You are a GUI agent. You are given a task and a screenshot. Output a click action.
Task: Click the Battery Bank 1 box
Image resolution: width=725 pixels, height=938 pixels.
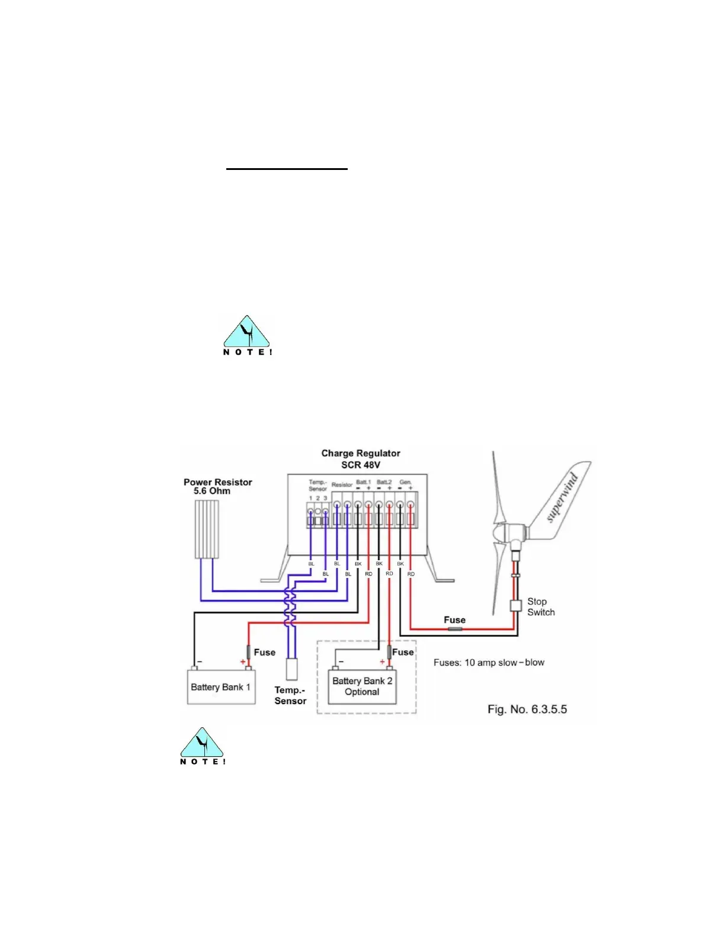(221, 687)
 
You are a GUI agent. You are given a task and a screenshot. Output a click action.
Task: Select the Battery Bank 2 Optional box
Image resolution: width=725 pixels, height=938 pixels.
(362, 687)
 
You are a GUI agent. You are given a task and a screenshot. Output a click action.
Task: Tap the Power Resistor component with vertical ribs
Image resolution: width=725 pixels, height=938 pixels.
(207, 529)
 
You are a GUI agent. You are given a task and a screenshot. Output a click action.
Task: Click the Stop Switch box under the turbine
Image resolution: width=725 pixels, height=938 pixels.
(515, 606)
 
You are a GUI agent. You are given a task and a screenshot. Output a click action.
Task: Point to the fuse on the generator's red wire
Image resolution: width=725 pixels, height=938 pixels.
(455, 628)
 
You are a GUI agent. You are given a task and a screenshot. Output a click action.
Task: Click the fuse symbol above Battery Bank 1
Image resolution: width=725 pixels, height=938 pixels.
(249, 652)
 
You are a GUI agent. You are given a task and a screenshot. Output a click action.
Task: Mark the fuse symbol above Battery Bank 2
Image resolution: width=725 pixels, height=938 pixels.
(389, 652)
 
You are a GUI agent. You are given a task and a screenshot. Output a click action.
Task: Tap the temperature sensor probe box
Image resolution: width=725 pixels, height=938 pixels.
(291, 669)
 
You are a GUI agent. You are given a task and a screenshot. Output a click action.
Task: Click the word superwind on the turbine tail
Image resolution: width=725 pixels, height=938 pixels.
(562, 498)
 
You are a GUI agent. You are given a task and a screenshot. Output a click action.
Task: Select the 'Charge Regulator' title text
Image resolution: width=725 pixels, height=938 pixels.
(361, 453)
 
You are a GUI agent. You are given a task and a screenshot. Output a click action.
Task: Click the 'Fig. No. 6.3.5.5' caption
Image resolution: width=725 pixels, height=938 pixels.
(527, 709)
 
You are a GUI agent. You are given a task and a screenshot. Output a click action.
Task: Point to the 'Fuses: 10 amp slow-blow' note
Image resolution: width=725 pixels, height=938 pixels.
(489, 663)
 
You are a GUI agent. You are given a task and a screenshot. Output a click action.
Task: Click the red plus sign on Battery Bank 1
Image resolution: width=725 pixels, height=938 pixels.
(243, 661)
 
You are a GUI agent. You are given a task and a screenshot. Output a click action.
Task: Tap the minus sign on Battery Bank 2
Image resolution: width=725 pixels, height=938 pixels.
(341, 661)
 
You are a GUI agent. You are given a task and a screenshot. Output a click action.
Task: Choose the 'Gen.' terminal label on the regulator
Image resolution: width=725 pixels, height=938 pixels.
(405, 482)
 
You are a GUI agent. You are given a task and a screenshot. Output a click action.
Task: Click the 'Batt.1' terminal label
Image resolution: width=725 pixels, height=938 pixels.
(363, 482)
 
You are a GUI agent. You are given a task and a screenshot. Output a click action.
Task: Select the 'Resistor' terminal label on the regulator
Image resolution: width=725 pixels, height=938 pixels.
(342, 484)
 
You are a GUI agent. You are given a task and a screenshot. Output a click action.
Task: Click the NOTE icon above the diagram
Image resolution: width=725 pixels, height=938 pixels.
(247, 335)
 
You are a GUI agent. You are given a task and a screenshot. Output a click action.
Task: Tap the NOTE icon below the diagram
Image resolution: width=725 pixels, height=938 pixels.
(203, 746)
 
